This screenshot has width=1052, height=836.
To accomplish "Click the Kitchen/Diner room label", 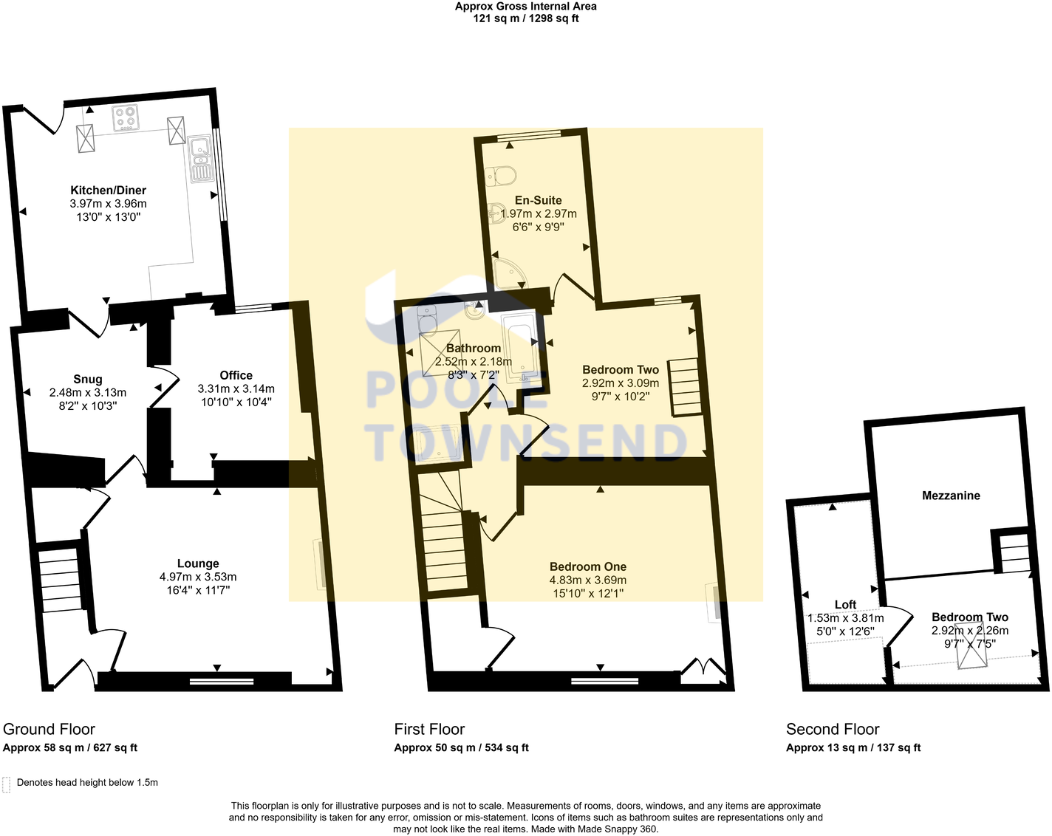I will [108, 191].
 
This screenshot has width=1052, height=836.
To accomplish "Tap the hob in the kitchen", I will [125, 118].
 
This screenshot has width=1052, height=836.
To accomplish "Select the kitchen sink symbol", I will [200, 159].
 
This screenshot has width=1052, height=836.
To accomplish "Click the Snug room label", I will [87, 380].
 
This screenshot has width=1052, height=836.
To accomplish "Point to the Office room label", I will [236, 375].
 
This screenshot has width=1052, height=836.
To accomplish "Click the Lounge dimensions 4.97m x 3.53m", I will [198, 577].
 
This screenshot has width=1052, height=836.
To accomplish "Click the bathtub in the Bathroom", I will [520, 346].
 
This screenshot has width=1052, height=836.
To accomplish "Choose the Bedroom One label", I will [587, 566].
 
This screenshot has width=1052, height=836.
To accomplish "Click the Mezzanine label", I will [951, 496].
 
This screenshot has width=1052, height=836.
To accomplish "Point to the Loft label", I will [845, 605].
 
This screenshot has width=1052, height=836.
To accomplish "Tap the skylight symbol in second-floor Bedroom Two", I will [971, 646].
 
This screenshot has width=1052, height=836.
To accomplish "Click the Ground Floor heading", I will [49, 730].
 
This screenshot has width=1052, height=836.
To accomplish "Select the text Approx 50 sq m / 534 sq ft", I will [461, 747].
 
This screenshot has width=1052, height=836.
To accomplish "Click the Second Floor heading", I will [833, 730].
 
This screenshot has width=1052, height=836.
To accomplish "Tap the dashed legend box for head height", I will [7, 784].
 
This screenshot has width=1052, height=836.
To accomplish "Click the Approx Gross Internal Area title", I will [525, 7].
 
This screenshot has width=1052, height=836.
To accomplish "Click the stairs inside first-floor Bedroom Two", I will [683, 387].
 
